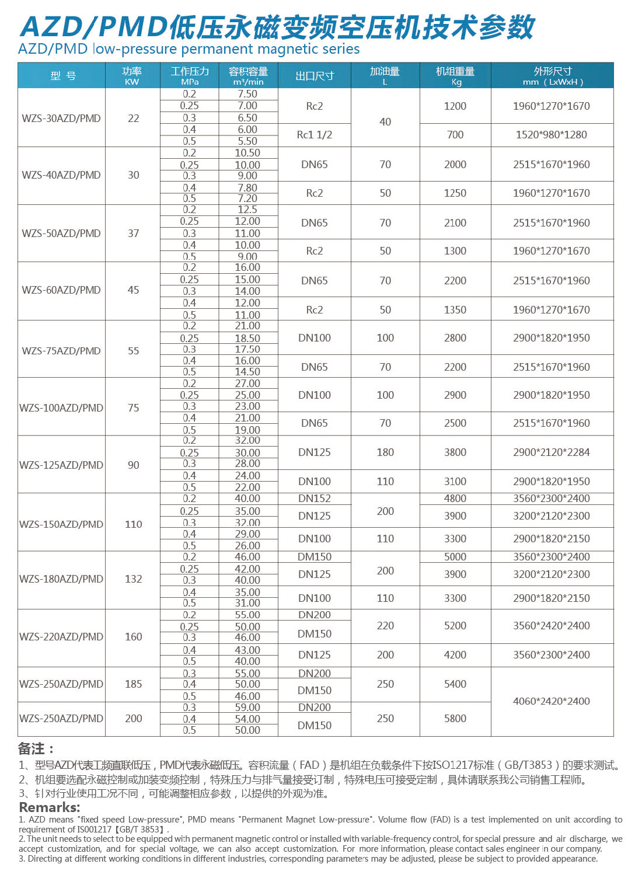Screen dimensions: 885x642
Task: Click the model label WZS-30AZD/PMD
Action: [x=61, y=118]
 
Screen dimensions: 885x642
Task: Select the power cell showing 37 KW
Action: [x=134, y=233]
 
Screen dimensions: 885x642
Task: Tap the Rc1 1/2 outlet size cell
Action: [x=315, y=135]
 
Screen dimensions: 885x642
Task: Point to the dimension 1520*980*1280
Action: [x=552, y=135]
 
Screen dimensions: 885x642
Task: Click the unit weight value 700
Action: [x=455, y=135]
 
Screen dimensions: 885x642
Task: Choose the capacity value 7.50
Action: [x=247, y=94]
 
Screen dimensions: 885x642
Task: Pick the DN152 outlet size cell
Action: [x=315, y=499]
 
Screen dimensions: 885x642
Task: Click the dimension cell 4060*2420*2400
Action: [x=552, y=701]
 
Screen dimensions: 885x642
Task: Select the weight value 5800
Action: [x=455, y=719]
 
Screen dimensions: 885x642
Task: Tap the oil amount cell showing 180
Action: [x=385, y=452]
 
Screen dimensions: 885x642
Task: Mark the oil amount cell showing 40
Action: [x=385, y=121]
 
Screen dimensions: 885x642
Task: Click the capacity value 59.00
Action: [x=247, y=708]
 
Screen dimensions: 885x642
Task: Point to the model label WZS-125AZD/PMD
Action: [x=61, y=465]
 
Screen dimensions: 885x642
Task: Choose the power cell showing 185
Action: [x=134, y=684]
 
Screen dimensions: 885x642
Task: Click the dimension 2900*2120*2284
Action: [x=552, y=452]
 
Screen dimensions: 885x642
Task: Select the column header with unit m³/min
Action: [x=248, y=76]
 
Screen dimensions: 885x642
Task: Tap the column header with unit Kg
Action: [x=455, y=76]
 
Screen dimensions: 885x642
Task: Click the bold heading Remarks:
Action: [x=50, y=807]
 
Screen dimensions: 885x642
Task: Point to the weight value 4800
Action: [x=455, y=499]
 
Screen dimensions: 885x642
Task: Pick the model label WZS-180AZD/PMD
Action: [x=61, y=579]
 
